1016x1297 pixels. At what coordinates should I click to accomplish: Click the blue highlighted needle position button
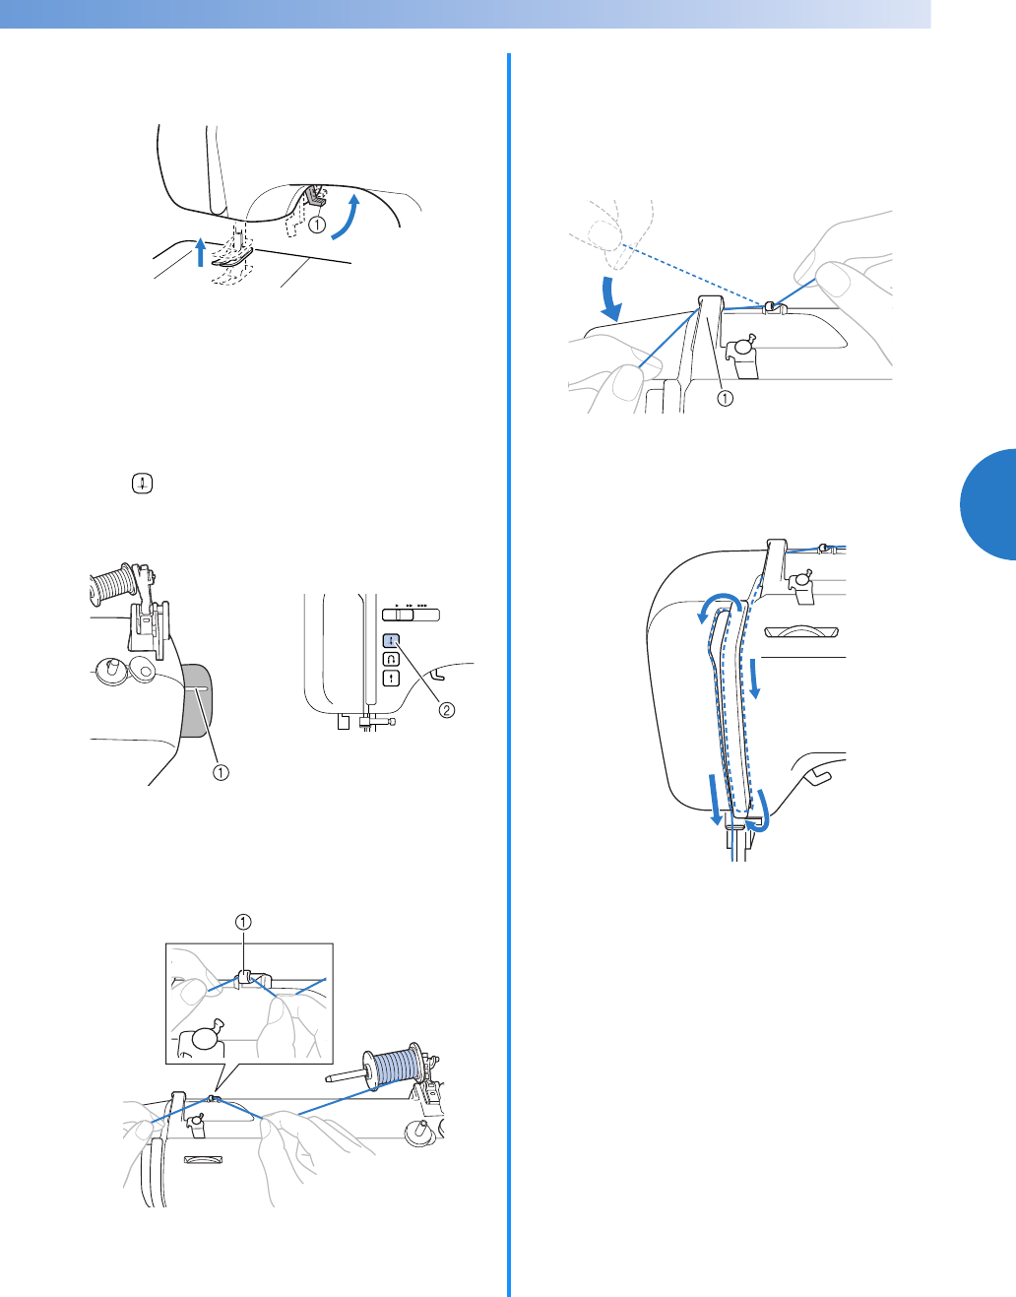click(391, 639)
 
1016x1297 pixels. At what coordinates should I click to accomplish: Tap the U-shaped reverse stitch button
click(391, 658)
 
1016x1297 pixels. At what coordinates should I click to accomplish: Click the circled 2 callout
click(447, 709)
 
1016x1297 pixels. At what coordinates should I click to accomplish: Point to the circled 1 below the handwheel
click(222, 772)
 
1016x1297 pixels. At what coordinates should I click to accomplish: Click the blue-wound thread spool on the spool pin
click(393, 1068)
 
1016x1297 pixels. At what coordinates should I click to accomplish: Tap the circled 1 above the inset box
click(243, 922)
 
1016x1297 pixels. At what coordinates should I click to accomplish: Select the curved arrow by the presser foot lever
click(345, 217)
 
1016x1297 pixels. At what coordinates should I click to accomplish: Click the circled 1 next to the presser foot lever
click(317, 225)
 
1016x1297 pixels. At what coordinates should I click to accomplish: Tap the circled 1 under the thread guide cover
click(725, 398)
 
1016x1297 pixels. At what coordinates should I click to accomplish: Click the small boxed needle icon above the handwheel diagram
click(143, 485)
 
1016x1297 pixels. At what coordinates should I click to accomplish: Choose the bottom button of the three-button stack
click(391, 678)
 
